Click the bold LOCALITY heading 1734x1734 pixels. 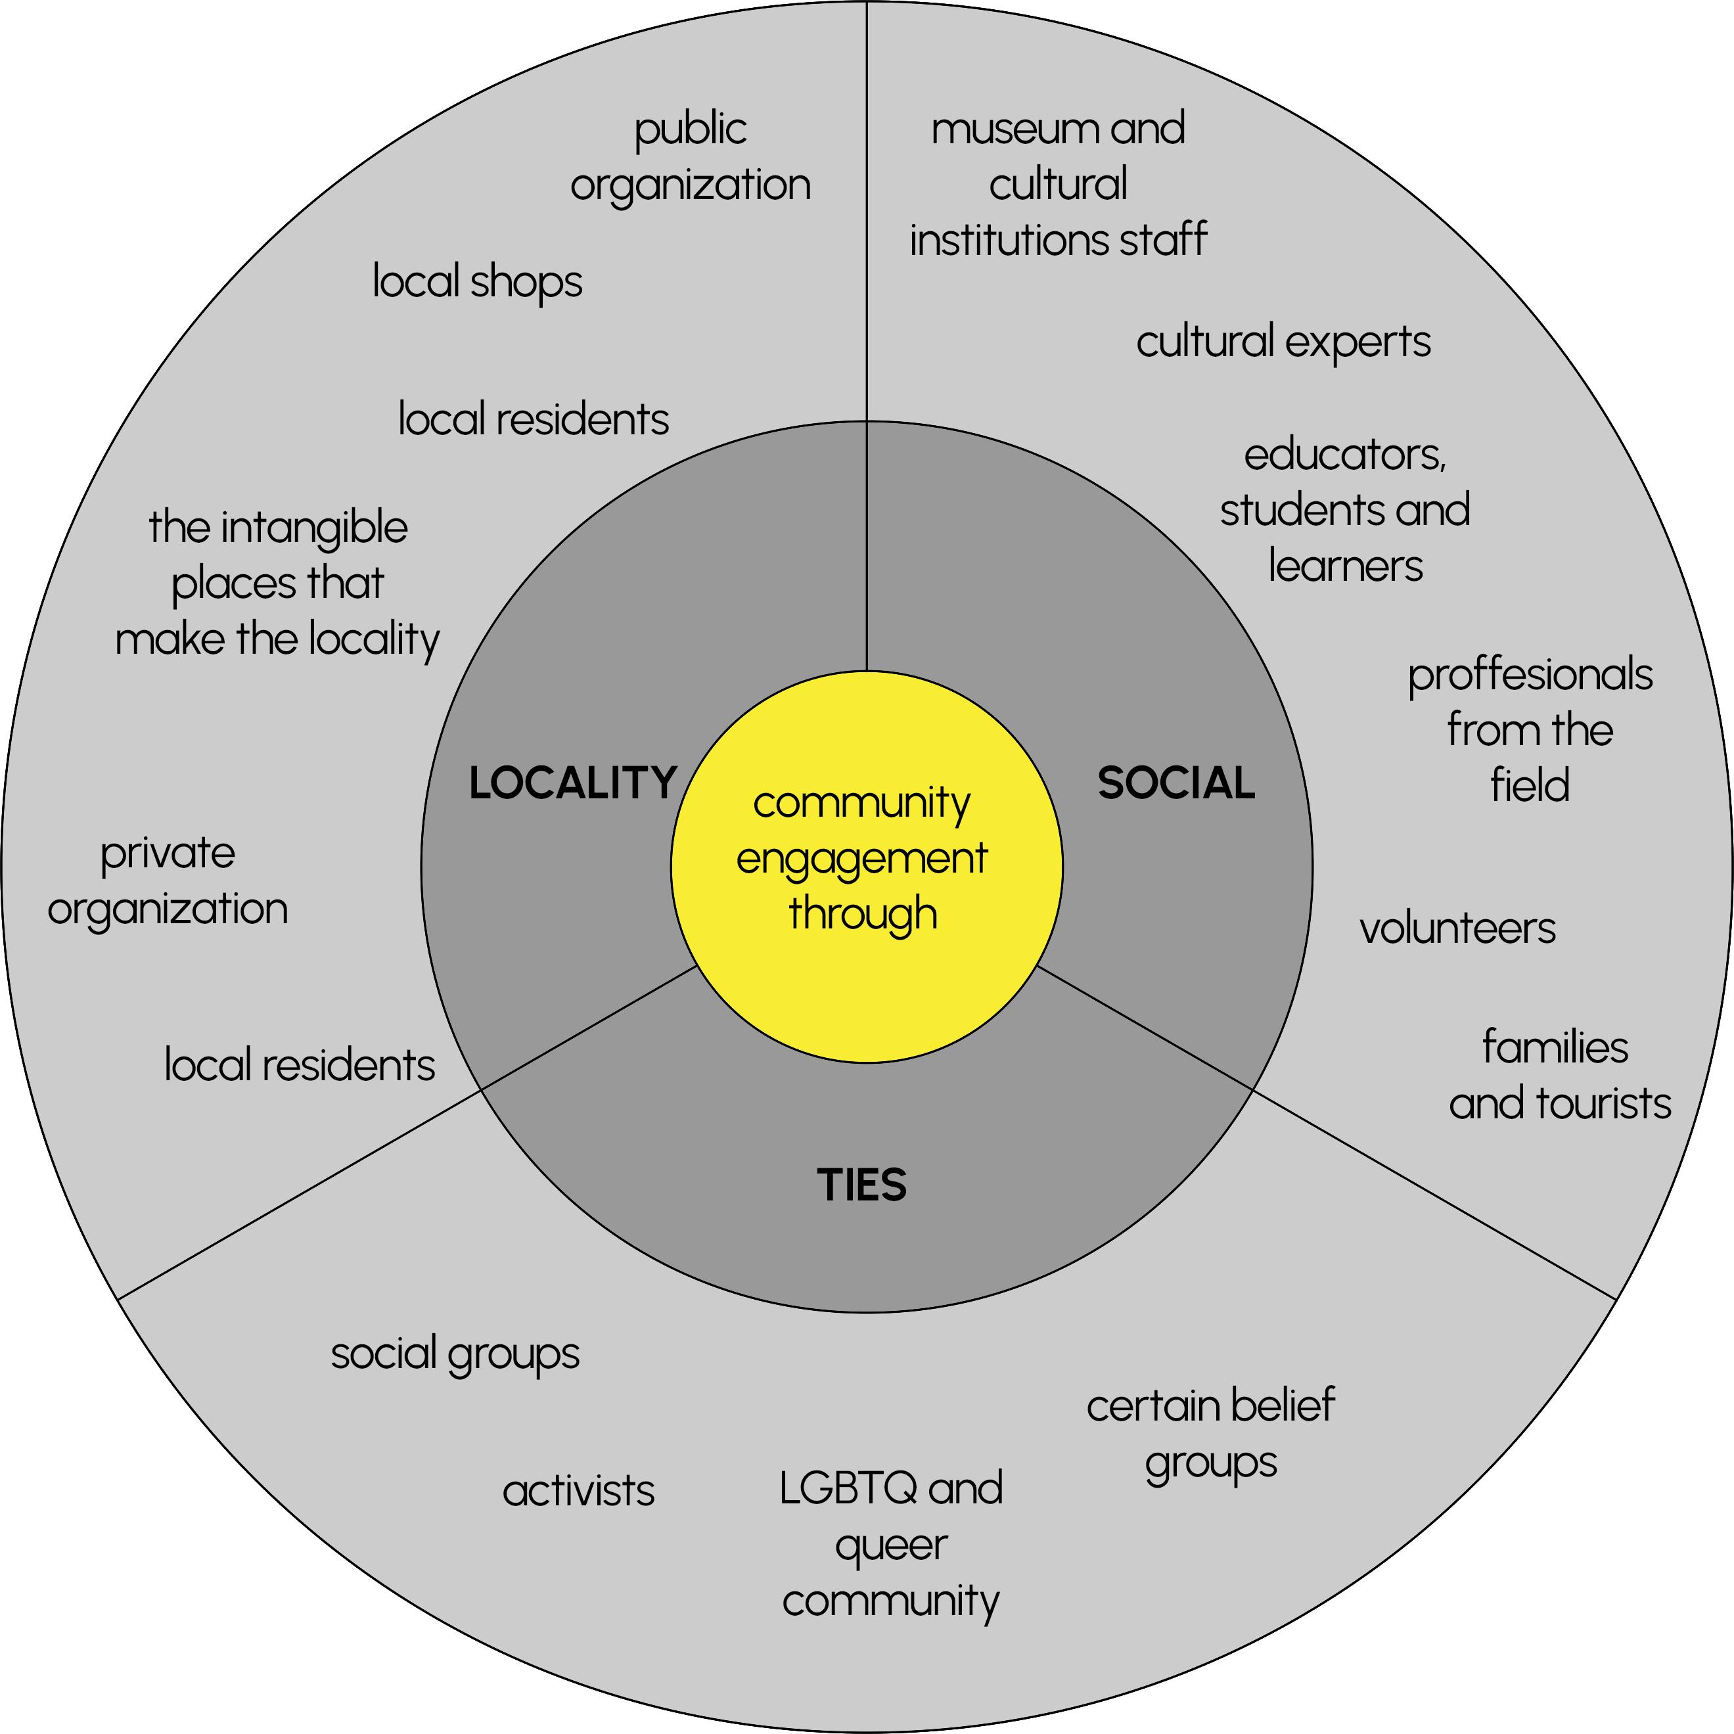pos(572,783)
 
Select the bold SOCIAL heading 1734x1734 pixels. pos(1175,783)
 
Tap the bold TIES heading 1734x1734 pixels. pos(861,1185)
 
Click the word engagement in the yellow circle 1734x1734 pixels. pos(861,859)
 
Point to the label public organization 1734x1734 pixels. pos(690,157)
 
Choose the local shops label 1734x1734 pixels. pos(478,282)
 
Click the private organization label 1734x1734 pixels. pos(168,880)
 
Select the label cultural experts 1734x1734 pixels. pos(1283,342)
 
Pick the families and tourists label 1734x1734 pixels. pos(1560,1075)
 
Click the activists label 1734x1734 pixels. pos(579,1491)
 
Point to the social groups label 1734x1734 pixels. pos(455,1354)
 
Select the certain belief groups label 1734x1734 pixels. pos(1211,1434)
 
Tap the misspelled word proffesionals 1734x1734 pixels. pos(1530,675)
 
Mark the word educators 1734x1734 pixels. pos(1344,455)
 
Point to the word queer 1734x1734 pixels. pos(891,1545)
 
